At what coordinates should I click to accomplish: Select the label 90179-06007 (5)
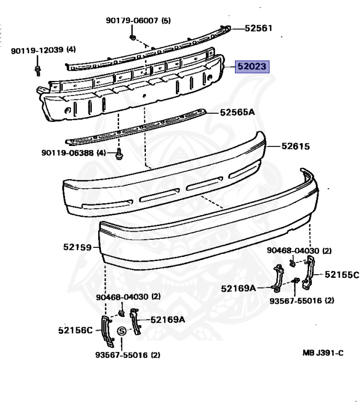point(138,21)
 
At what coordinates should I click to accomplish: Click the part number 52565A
point(238,113)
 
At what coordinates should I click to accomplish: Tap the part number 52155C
point(341,275)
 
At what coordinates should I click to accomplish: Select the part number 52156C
point(76,330)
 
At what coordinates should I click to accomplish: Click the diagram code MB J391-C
point(323,353)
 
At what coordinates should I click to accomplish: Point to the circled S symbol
point(122,332)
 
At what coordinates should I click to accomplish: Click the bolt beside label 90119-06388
point(120,155)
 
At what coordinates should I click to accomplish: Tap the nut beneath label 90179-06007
point(133,38)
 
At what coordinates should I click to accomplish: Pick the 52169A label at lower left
point(167,320)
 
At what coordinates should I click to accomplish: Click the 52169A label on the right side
point(239,288)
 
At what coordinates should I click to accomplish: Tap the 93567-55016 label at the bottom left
point(128,355)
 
